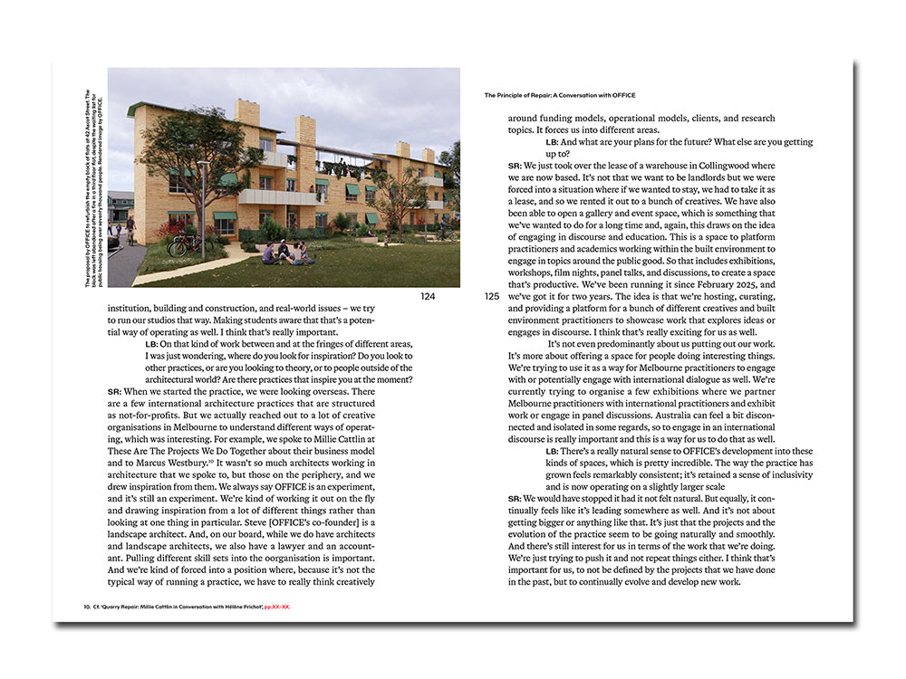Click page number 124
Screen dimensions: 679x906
click(x=428, y=296)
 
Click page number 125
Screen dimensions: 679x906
click(x=492, y=296)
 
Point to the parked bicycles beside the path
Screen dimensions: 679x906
click(x=184, y=245)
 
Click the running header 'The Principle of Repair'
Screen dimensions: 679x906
click(x=559, y=95)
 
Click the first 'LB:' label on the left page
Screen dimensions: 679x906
click(x=151, y=343)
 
